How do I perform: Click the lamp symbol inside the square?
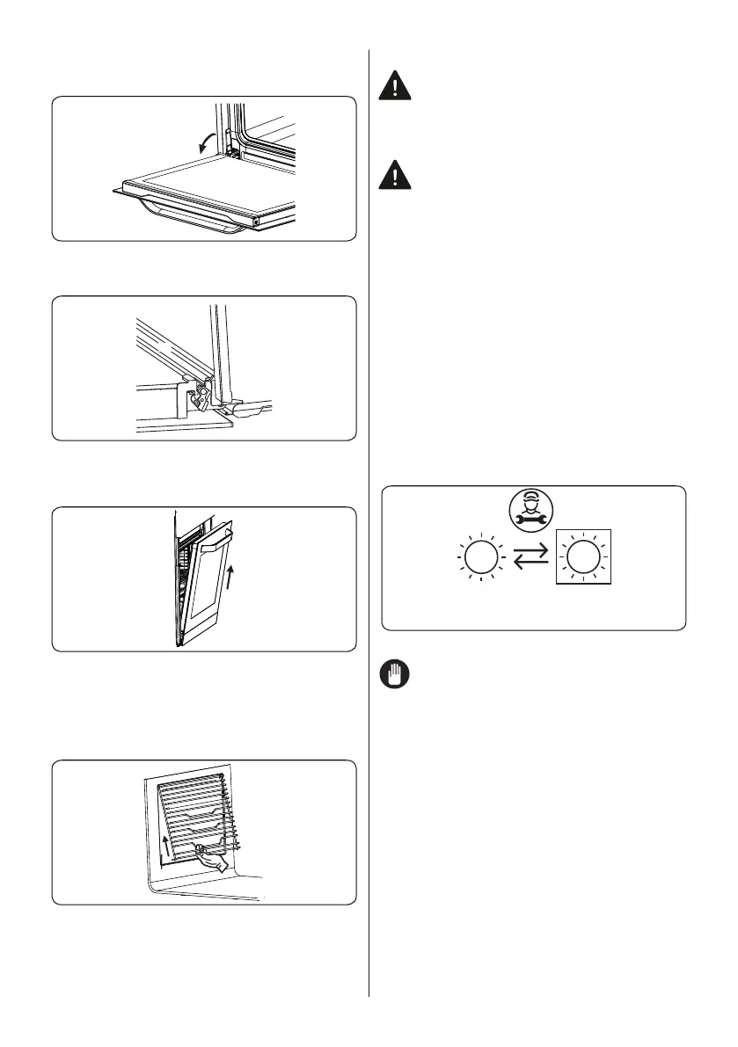pyautogui.click(x=580, y=559)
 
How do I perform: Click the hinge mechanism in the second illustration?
pyautogui.click(x=201, y=396)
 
